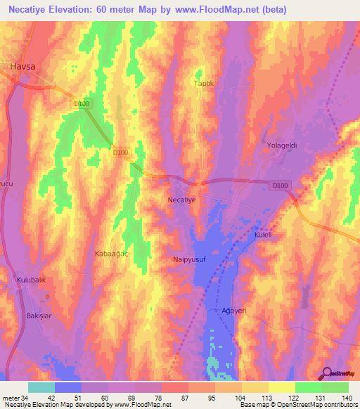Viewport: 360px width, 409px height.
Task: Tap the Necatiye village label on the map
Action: pyautogui.click(x=186, y=200)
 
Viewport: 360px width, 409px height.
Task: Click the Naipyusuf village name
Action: pyautogui.click(x=188, y=259)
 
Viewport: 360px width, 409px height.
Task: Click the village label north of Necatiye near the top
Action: pyautogui.click(x=202, y=83)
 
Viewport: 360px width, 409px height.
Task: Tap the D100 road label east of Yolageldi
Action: pyautogui.click(x=280, y=186)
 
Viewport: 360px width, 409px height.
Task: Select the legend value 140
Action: pyautogui.click(x=348, y=398)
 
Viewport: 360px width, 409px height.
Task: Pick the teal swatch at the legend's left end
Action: pyautogui.click(x=41, y=387)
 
